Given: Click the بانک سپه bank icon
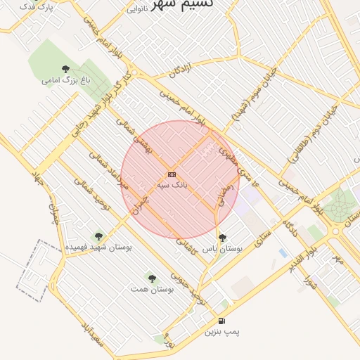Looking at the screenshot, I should point(172,174).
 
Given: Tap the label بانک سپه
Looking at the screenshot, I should point(172,184).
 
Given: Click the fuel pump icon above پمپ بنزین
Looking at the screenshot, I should point(223,321).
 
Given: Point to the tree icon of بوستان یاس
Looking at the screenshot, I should point(223,238).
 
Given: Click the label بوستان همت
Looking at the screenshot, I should point(152,289).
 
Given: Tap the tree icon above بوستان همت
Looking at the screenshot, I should point(152,278).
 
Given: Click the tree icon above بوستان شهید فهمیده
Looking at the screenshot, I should point(98,236).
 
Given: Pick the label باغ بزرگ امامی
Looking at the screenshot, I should point(67,80).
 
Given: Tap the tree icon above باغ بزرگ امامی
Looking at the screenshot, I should point(66,69).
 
